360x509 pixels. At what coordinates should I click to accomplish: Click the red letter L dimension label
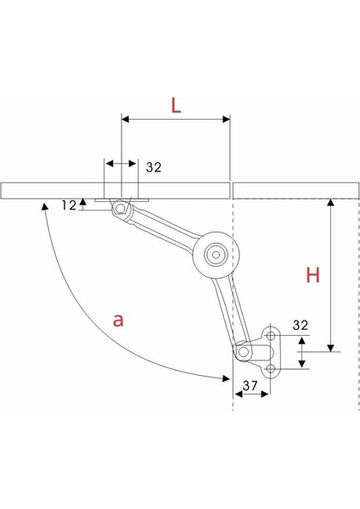[x=176, y=105]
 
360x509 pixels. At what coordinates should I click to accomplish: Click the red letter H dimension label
[x=313, y=275]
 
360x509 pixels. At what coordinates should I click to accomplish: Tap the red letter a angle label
[x=118, y=321]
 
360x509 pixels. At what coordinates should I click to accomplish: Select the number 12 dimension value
[x=69, y=205]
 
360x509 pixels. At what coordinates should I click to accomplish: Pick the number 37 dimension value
[x=250, y=386]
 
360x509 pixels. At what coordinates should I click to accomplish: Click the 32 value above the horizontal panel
[x=154, y=167]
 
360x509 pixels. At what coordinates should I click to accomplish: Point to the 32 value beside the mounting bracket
[x=301, y=325]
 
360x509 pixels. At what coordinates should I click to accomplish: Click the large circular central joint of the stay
[x=216, y=255]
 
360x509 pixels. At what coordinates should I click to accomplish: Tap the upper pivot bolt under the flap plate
[x=121, y=208]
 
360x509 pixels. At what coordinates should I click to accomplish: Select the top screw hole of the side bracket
[x=271, y=335]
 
